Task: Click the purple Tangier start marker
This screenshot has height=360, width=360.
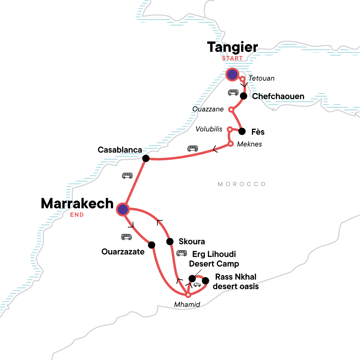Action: click(x=232, y=74)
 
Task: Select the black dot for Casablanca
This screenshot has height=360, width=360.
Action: click(x=146, y=158)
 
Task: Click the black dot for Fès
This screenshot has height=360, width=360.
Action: click(x=242, y=131)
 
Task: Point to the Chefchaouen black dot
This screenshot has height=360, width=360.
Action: click(x=244, y=96)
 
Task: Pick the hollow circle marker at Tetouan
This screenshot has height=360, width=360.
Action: click(x=243, y=79)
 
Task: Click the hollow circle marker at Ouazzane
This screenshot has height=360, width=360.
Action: click(x=231, y=109)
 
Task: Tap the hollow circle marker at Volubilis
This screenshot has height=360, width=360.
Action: click(x=229, y=129)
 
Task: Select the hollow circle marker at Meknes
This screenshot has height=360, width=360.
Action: click(x=231, y=144)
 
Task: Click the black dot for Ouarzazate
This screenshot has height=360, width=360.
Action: click(x=152, y=245)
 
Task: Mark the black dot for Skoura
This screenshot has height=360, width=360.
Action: click(x=170, y=241)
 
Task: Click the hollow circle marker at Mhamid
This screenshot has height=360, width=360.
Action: click(x=188, y=295)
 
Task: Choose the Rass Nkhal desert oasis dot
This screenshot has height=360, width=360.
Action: click(x=205, y=281)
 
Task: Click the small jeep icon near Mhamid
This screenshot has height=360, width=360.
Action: click(x=197, y=285)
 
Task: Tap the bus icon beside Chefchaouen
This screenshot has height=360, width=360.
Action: click(x=233, y=92)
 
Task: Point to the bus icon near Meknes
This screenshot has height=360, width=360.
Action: click(x=193, y=148)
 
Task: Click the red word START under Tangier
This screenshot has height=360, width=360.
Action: click(x=232, y=58)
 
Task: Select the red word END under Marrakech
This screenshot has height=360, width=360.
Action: click(x=77, y=215)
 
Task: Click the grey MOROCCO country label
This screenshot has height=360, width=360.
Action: click(x=242, y=184)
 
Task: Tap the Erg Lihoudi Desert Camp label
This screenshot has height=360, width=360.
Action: click(x=214, y=259)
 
